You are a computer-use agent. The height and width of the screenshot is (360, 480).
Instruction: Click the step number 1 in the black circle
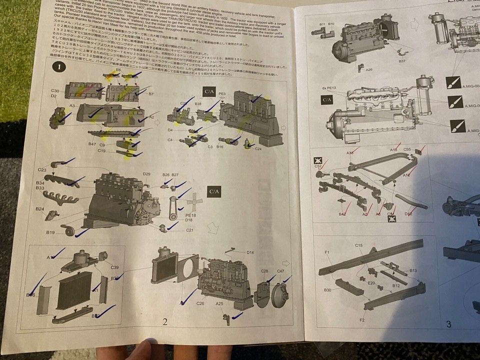tap(59, 66)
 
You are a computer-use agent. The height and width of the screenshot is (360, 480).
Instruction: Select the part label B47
tap(92, 144)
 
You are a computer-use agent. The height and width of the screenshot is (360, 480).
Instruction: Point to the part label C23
tap(43, 169)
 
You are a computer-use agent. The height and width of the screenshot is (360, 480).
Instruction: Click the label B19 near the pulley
tap(50, 232)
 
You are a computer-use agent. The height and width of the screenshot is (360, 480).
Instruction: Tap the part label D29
tap(146, 174)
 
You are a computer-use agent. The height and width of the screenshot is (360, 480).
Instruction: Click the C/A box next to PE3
tap(209, 91)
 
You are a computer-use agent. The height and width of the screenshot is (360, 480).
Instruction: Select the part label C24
tap(257, 148)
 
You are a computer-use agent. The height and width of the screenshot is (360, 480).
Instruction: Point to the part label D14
tap(250, 252)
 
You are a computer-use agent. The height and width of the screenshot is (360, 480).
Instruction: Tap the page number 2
tap(164, 321)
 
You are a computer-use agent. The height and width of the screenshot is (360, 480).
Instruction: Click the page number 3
tap(448, 324)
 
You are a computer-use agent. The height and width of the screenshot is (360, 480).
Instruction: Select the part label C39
tap(115, 267)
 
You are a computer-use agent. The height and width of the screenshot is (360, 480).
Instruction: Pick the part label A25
tap(219, 303)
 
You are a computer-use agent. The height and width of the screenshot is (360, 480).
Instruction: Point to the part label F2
tap(362, 318)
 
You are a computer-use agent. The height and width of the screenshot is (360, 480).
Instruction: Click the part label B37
tap(402, 60)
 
